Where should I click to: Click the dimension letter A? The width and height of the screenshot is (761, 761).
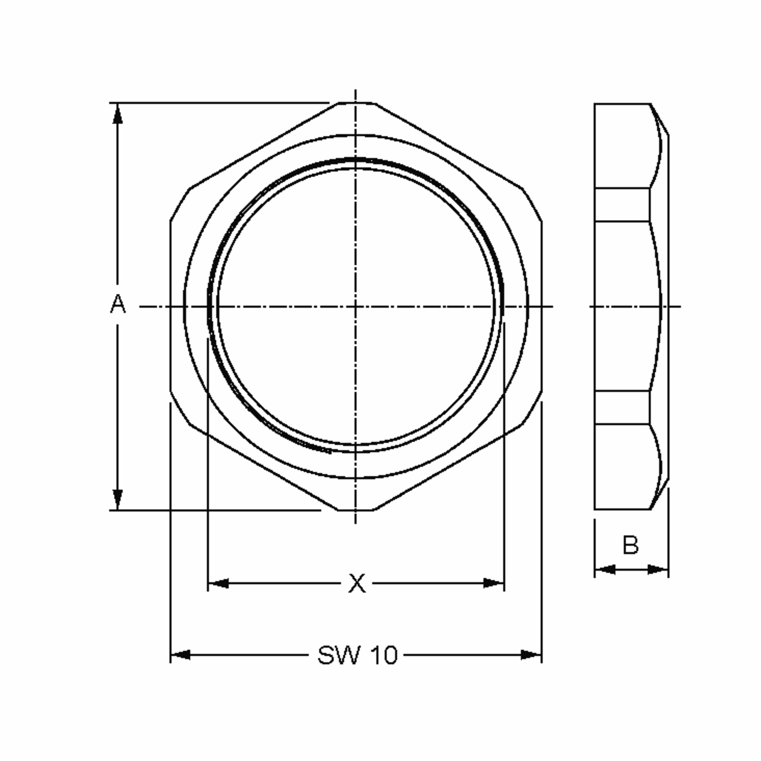coord(118,304)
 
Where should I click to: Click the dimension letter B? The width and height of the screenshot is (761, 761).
coord(630,545)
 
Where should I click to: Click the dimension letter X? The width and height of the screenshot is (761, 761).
coord(357,583)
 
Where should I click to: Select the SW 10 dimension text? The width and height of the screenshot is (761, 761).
coord(357,655)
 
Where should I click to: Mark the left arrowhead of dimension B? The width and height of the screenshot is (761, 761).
coord(605,569)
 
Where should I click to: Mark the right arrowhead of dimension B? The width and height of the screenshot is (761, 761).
coord(658,569)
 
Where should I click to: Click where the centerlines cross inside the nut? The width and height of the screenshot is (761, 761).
coord(356,306)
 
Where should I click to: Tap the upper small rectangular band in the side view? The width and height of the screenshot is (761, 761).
coord(621,205)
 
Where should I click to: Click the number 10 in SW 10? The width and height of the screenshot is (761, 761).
coord(384,655)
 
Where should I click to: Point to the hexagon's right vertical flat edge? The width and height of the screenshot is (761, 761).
coord(542,306)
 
